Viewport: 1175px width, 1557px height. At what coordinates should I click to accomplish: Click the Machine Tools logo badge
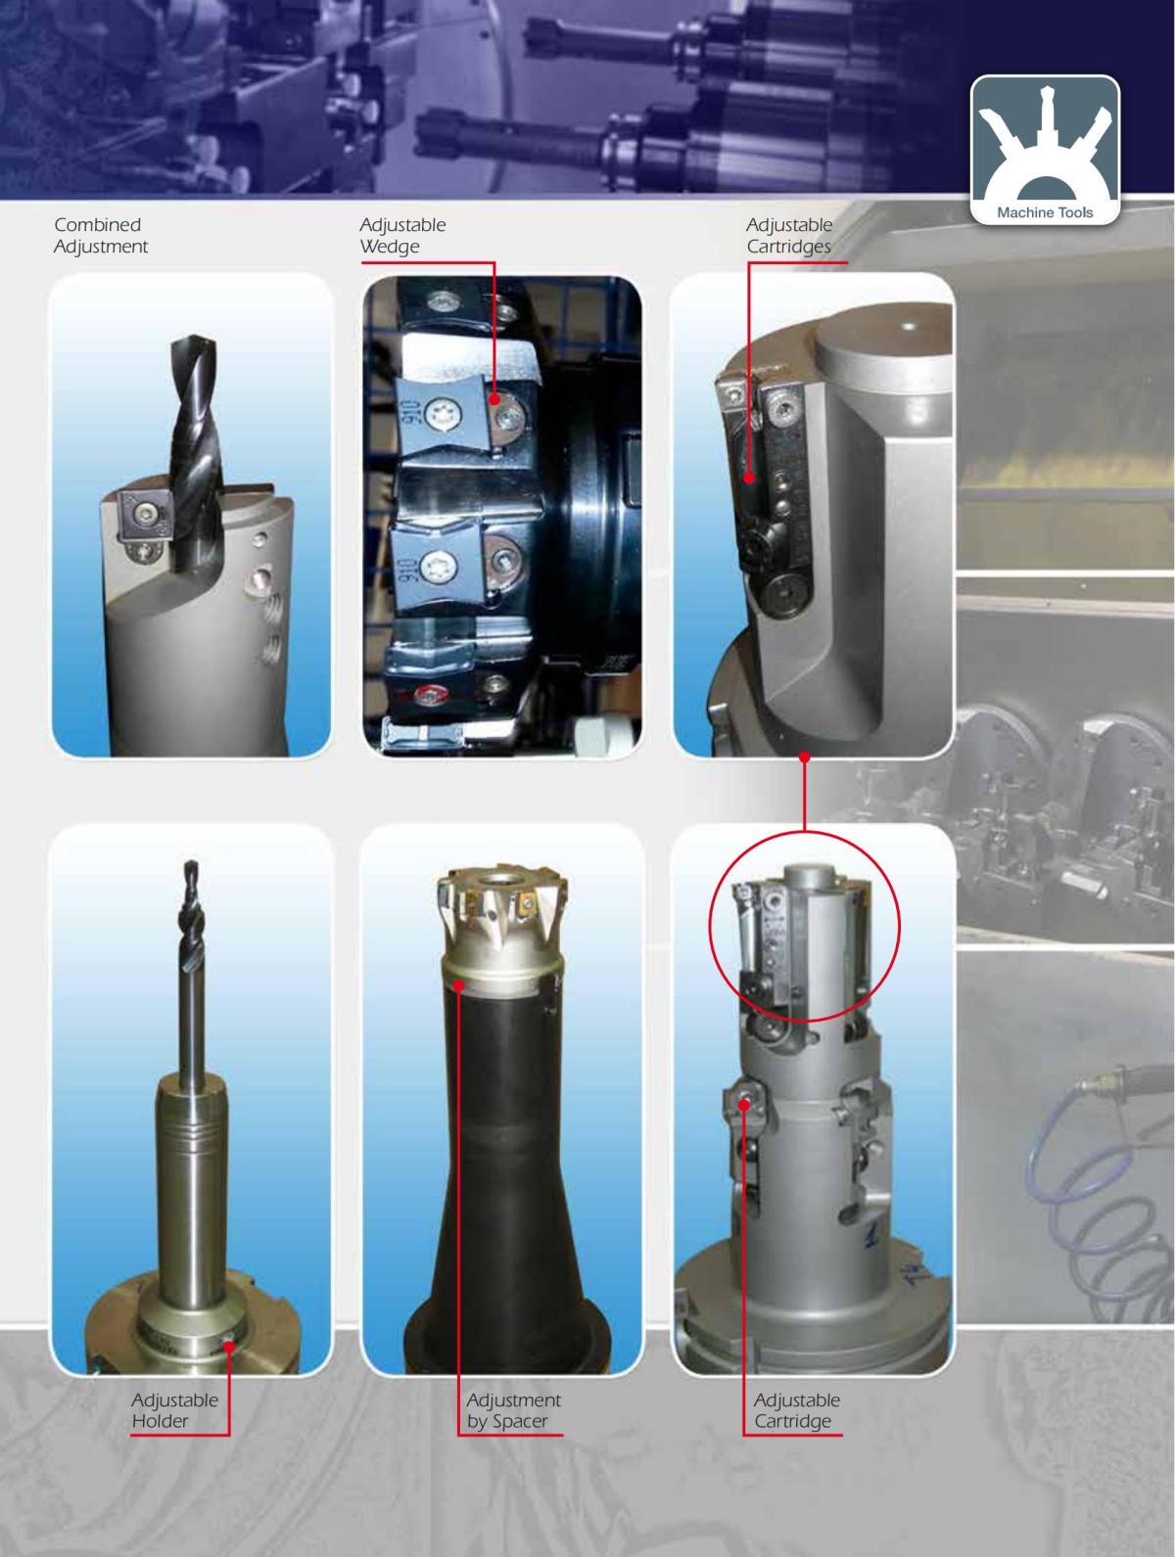[x=1045, y=150]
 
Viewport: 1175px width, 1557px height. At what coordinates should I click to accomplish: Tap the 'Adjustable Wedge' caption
[x=402, y=236]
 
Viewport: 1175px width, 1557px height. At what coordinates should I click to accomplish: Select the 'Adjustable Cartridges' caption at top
[x=788, y=236]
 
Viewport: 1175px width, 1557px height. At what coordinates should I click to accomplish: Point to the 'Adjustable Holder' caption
[x=174, y=1410]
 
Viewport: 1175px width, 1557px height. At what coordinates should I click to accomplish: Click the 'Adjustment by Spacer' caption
[x=513, y=1410]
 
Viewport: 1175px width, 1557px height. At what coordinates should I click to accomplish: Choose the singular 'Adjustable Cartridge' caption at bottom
[x=796, y=1410]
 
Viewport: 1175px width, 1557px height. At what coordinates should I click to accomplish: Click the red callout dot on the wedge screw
[x=495, y=399]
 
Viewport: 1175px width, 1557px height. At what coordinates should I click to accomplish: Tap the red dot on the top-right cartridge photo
[x=749, y=479]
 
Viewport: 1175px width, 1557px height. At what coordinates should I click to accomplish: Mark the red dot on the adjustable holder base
[x=228, y=1346]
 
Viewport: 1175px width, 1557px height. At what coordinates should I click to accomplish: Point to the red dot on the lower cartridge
[x=744, y=1104]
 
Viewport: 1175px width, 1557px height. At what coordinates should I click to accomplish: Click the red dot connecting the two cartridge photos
[x=803, y=756]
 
